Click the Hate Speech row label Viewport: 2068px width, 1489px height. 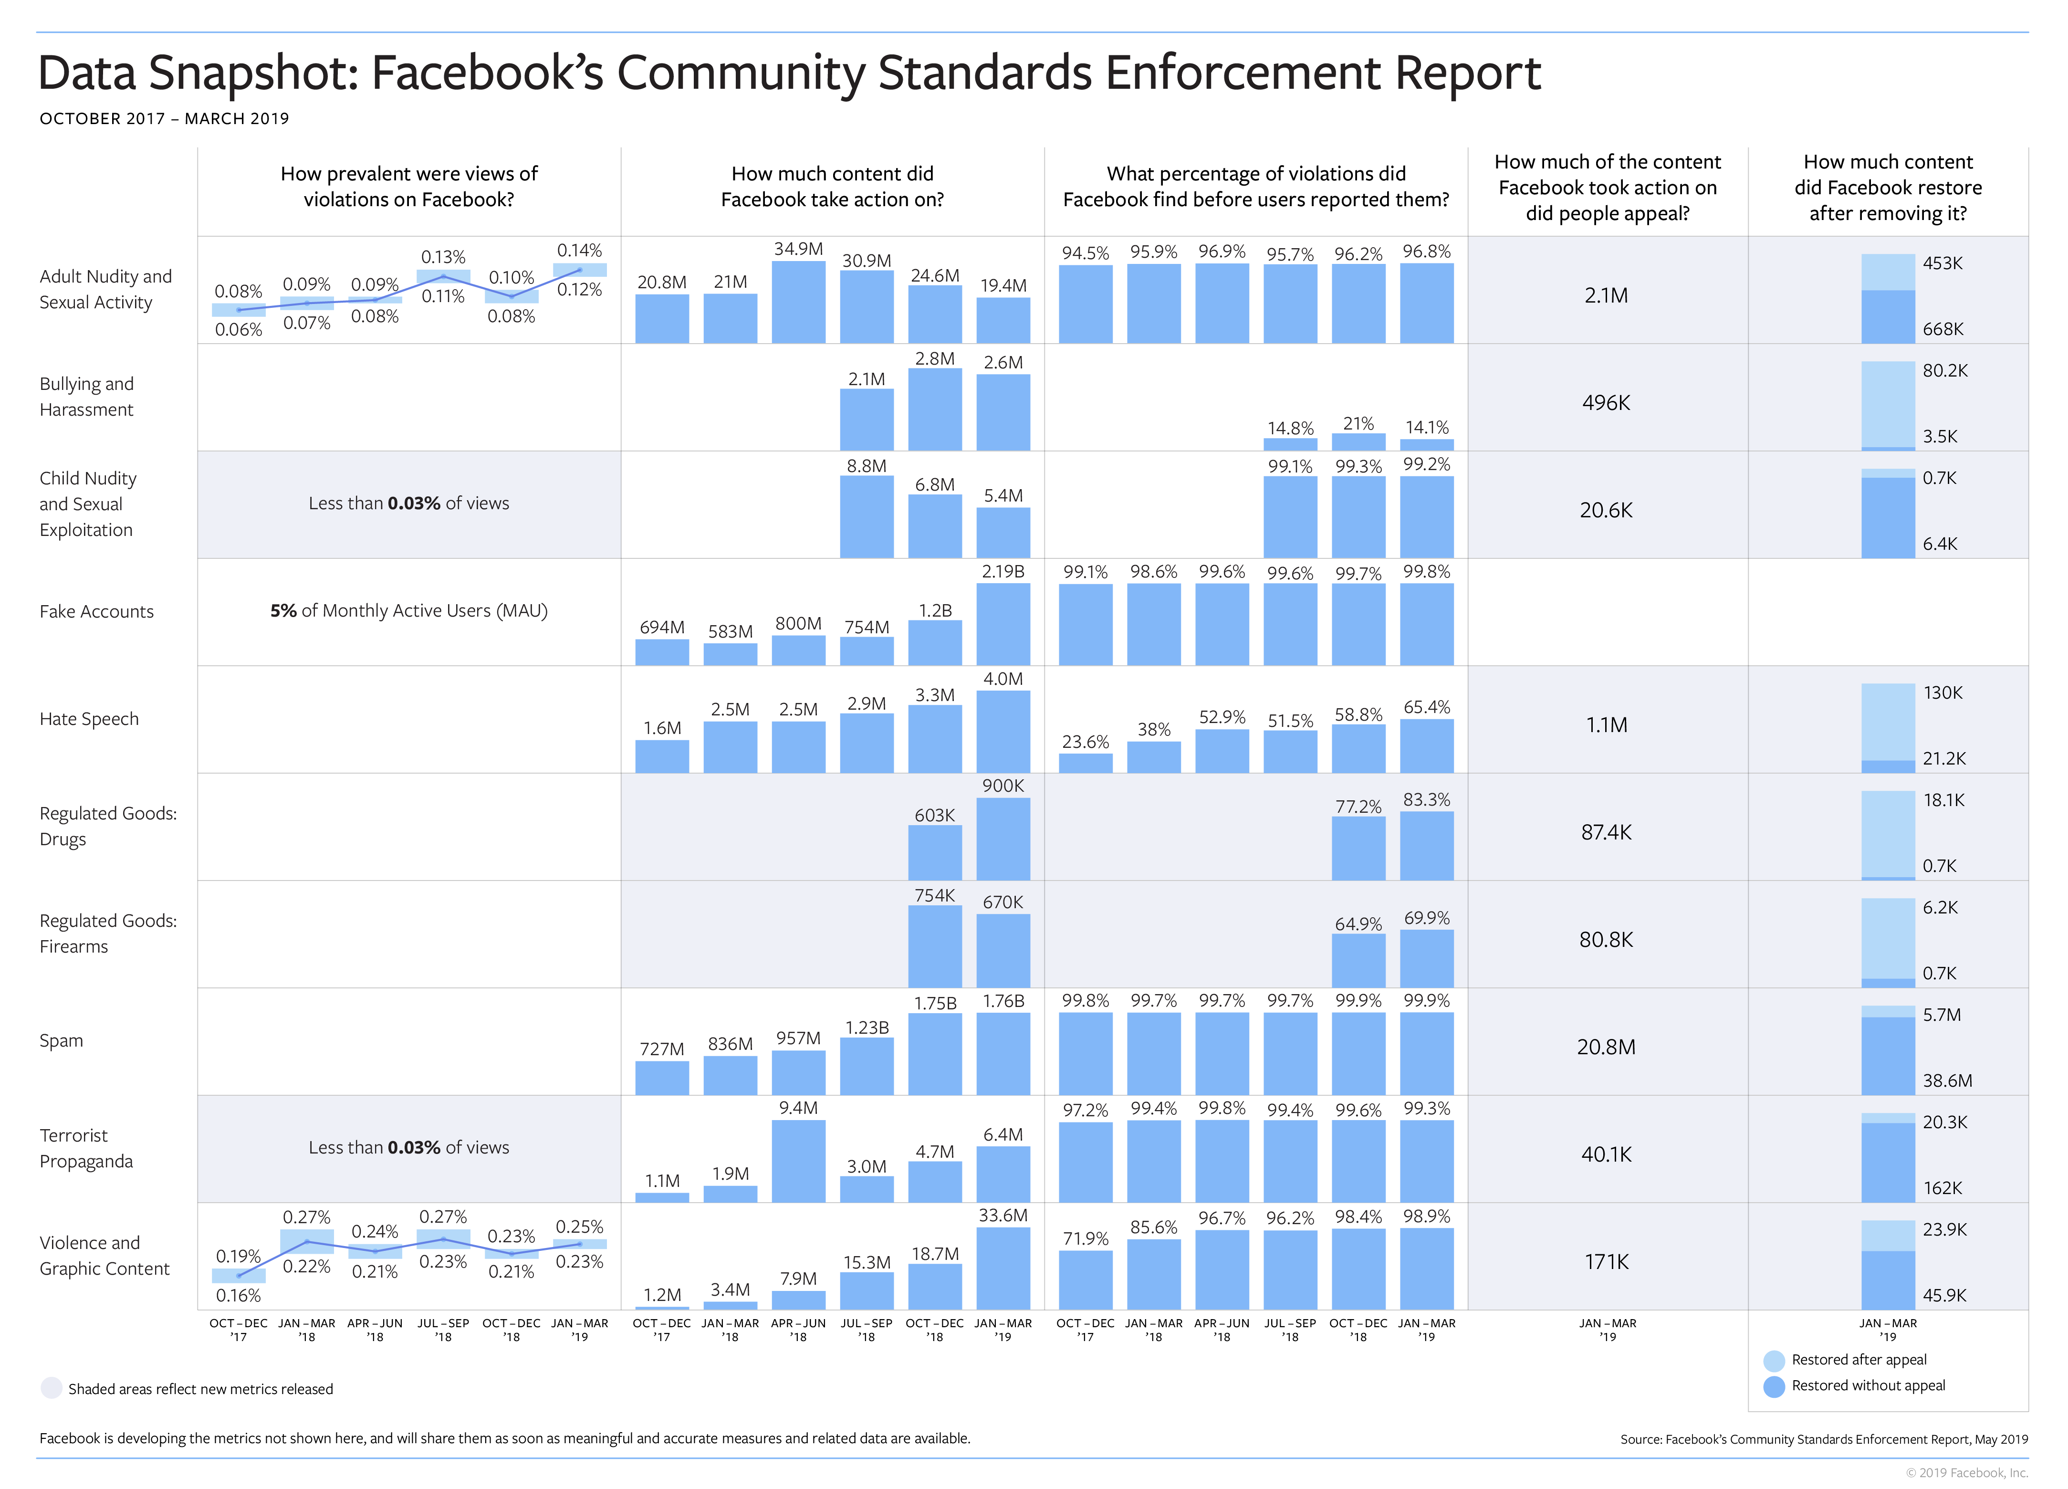click(x=89, y=719)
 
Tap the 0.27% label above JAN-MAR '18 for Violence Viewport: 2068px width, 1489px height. click(x=306, y=1217)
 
